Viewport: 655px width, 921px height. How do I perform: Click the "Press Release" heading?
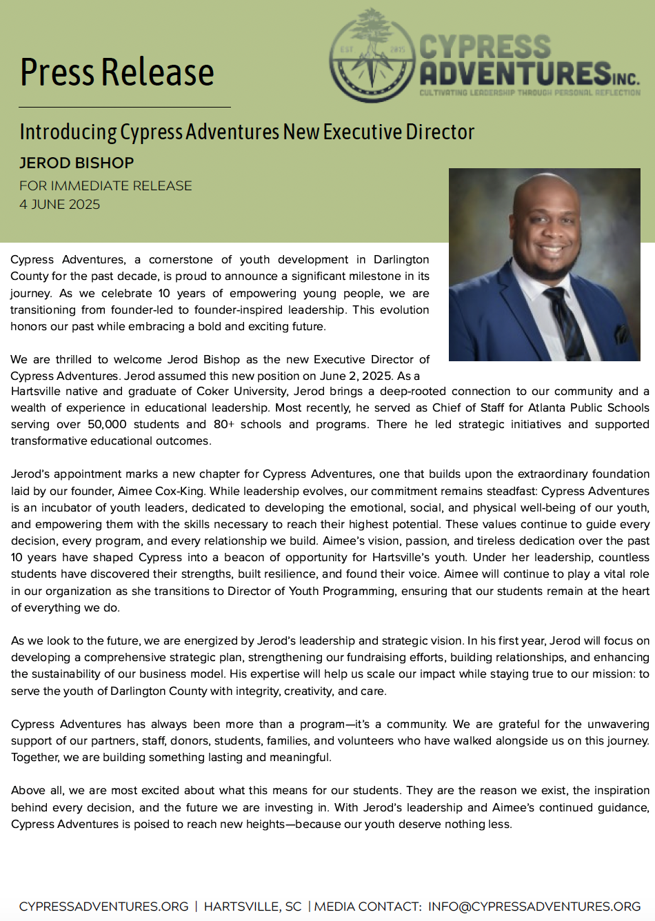pyautogui.click(x=117, y=72)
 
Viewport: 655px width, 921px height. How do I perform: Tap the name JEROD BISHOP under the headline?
pyautogui.click(x=77, y=163)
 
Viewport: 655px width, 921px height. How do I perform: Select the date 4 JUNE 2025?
pyautogui.click(x=60, y=205)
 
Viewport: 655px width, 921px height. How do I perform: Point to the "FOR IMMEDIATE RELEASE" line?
pyautogui.click(x=105, y=186)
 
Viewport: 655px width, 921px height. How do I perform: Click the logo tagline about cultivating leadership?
pyautogui.click(x=530, y=92)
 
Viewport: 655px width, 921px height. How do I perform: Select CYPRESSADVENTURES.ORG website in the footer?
pyautogui.click(x=103, y=907)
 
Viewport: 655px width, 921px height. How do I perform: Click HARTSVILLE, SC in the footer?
pyautogui.click(x=252, y=907)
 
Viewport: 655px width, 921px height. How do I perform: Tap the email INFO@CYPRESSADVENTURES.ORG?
pyautogui.click(x=534, y=907)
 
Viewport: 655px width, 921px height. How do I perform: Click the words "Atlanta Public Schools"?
pyautogui.click(x=588, y=408)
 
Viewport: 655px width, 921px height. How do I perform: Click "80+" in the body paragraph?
pyautogui.click(x=223, y=425)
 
